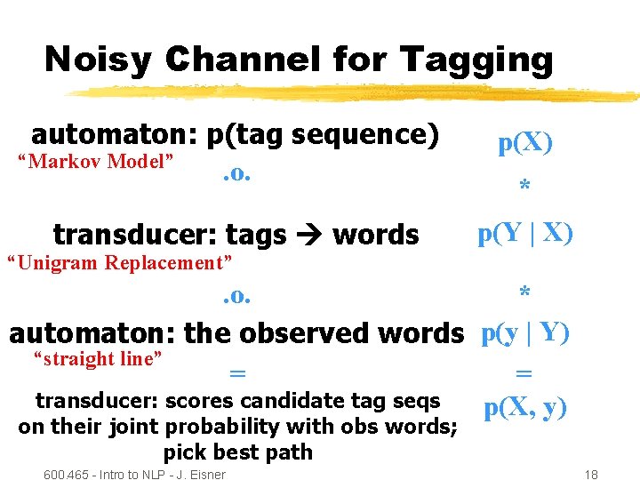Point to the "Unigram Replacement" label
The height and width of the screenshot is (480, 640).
point(119,262)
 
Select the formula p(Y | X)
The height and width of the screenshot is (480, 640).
point(525,233)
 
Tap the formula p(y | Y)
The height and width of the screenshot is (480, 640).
point(525,332)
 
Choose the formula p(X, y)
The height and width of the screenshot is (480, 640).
point(525,409)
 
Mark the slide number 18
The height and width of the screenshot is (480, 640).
point(589,475)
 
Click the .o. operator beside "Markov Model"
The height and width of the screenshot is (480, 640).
point(236,172)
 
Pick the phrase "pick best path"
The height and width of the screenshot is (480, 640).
point(237,452)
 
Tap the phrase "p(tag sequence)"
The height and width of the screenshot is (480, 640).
point(323,134)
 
